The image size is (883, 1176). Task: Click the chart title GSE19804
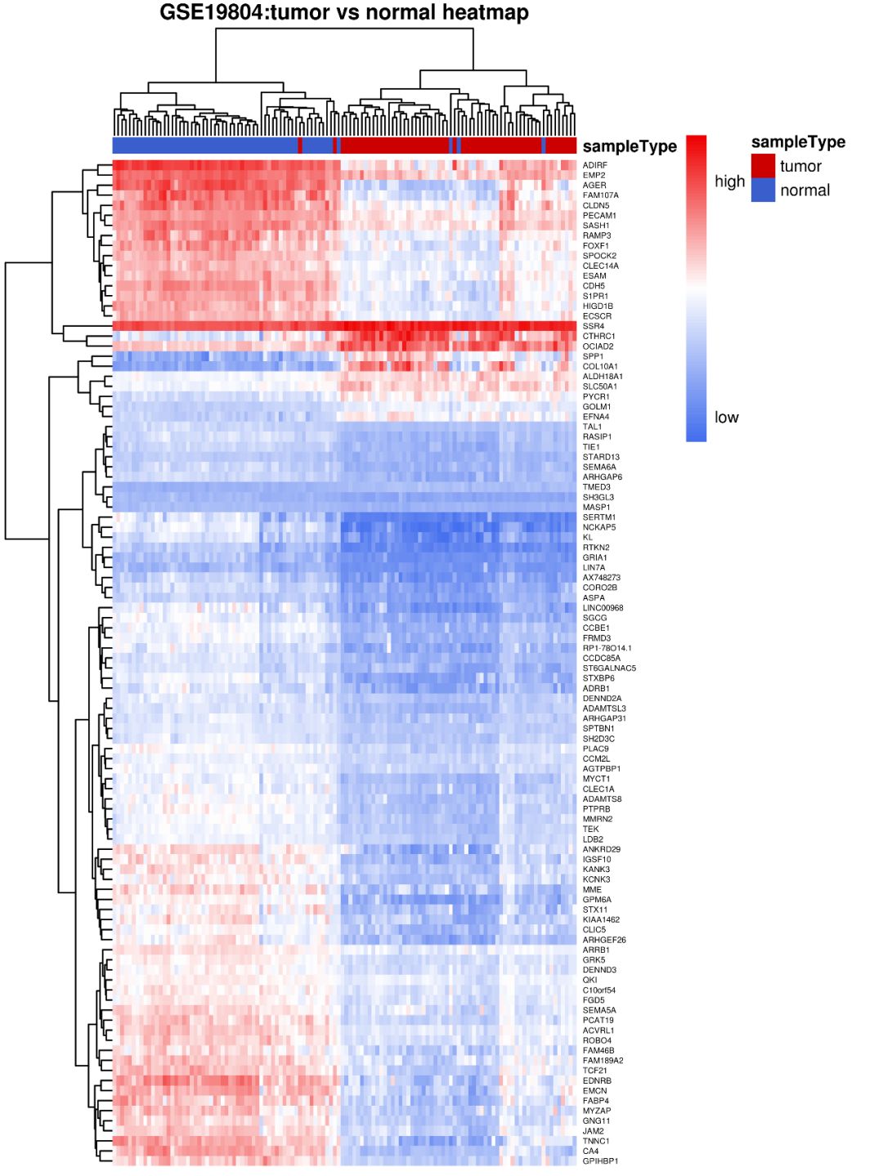coord(343,13)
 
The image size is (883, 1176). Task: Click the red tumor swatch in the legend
coord(763,166)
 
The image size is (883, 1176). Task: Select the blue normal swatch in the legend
coord(763,190)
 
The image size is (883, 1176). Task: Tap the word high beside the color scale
coord(729,181)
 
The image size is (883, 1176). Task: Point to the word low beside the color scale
coord(726,418)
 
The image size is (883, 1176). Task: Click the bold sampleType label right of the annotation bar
coord(630,147)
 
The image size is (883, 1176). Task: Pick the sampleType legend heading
coord(798,142)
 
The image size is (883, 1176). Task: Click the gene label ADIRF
coord(594,165)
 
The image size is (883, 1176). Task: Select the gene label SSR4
coord(593,326)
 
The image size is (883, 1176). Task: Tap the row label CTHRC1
coord(598,336)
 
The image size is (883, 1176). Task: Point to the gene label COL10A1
coord(600,366)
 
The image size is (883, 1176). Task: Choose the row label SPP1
coord(593,356)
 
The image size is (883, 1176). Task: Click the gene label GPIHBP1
coord(600,1161)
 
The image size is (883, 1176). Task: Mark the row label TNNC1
coord(595,1141)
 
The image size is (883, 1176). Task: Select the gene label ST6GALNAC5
coord(609,668)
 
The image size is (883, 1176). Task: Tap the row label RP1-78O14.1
coord(607,648)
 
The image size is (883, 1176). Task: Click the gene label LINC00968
coord(603,608)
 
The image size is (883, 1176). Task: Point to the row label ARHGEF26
coord(604,940)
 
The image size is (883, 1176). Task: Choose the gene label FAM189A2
coord(603,1061)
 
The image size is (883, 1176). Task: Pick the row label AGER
coord(594,186)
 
